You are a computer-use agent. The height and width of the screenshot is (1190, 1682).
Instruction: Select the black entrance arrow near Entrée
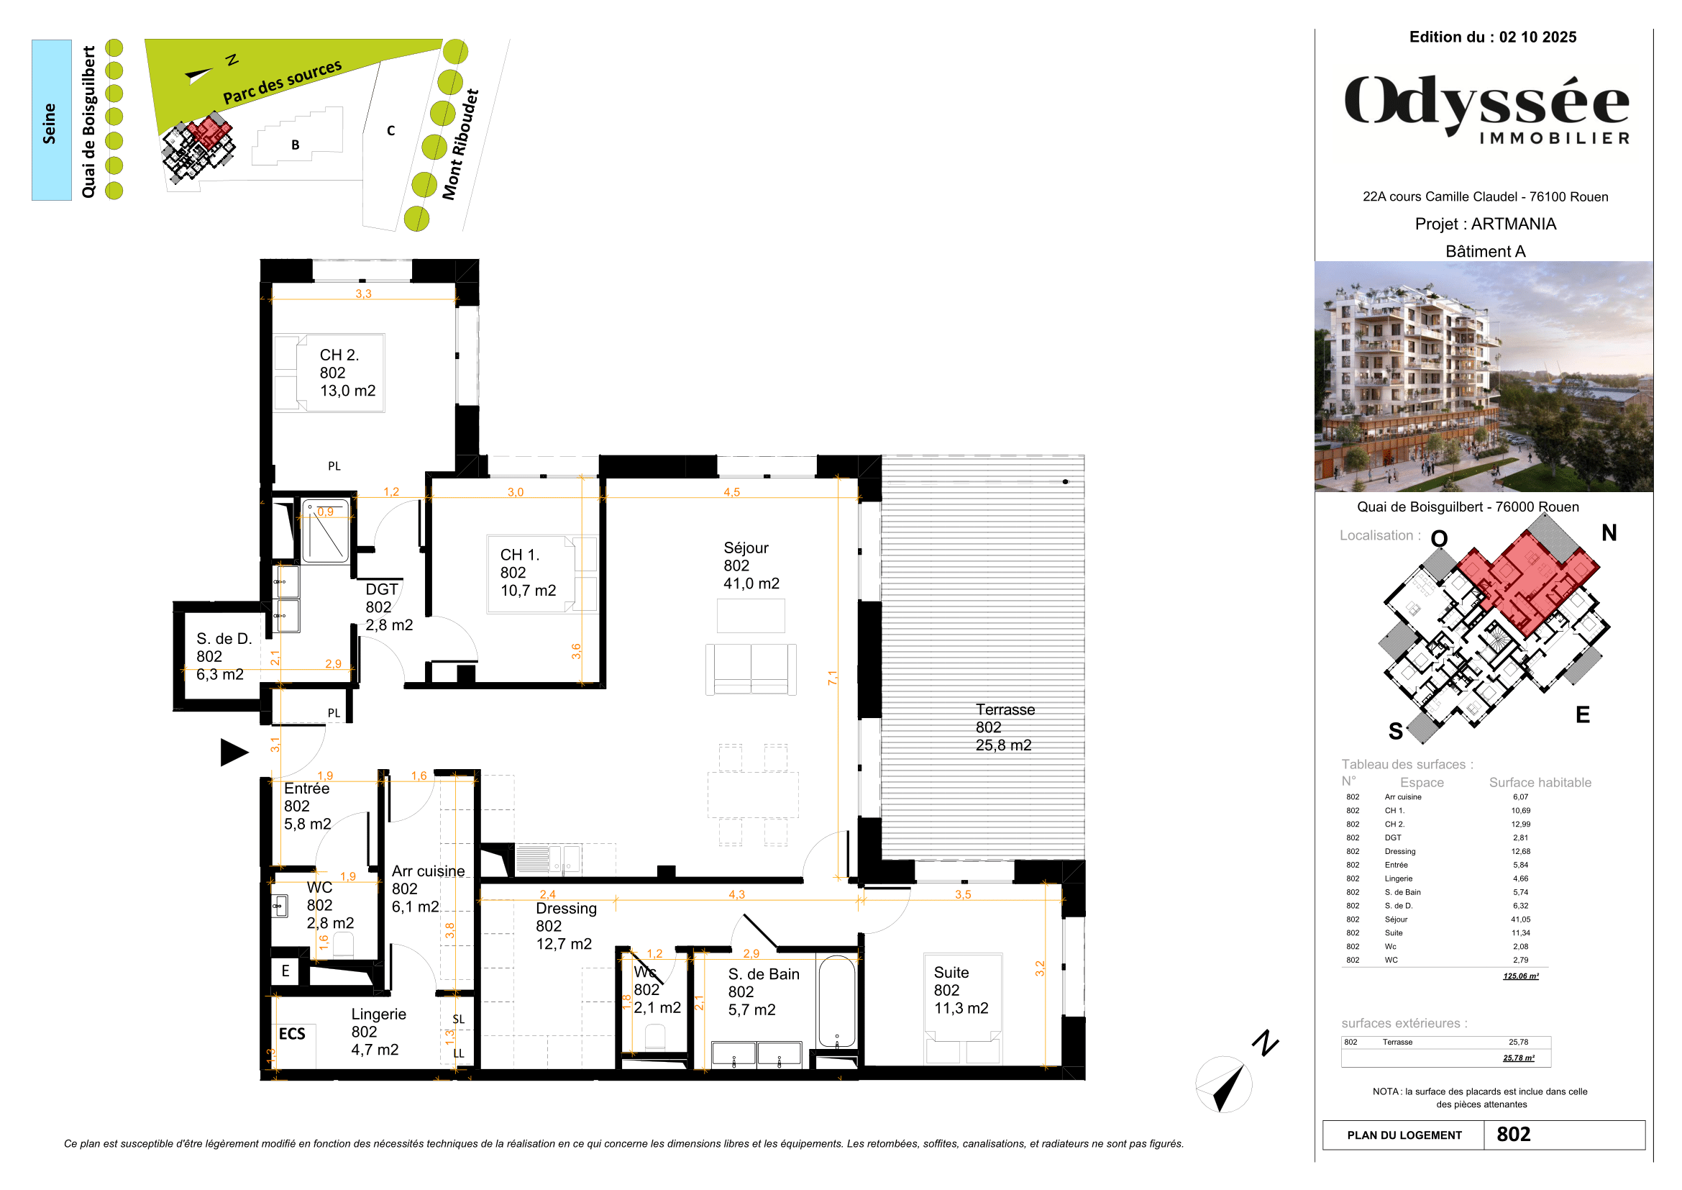pos(234,753)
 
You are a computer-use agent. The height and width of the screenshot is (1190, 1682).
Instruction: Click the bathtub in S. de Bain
pos(836,1000)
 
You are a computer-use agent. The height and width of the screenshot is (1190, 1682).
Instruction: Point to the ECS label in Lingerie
pos(291,1033)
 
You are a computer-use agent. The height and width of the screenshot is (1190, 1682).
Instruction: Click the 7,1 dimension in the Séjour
pos(832,678)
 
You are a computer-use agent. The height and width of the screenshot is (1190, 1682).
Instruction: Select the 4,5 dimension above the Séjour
pos(731,491)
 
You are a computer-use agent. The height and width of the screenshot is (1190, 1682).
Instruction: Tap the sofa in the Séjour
pos(750,668)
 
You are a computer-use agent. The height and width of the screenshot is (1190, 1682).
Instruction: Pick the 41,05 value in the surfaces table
pos(1520,919)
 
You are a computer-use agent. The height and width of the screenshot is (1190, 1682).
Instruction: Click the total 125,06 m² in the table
pos(1520,976)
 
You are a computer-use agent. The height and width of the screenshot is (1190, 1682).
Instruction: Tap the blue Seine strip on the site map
pos(50,120)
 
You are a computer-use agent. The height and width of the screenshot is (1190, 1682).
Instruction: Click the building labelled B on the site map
pos(296,145)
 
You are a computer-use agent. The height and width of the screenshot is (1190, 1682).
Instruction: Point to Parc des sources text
pos(282,82)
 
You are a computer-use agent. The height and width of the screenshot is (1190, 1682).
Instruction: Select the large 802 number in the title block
pos(1513,1135)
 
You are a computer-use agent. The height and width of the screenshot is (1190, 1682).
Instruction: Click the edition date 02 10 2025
pos(1537,37)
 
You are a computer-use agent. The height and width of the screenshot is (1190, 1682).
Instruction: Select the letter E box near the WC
pos(285,970)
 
